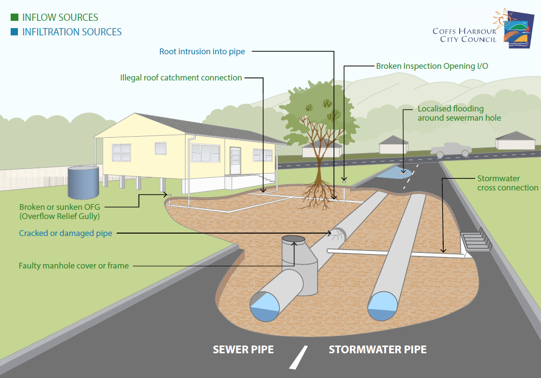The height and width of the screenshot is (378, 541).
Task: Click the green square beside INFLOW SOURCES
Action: (15, 17)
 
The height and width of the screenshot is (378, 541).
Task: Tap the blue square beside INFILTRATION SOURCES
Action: (15, 32)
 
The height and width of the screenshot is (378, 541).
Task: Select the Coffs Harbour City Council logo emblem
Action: (515, 28)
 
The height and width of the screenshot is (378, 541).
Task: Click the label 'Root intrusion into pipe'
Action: (202, 52)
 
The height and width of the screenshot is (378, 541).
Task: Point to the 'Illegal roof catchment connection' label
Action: (181, 78)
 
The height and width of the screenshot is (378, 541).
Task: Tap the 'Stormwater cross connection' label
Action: (507, 183)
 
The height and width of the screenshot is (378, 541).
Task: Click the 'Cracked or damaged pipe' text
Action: (65, 234)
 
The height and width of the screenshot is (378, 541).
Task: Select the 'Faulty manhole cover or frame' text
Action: (74, 266)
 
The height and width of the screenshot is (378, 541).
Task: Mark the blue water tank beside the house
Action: (83, 183)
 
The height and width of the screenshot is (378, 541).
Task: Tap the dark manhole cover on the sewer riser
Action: (293, 239)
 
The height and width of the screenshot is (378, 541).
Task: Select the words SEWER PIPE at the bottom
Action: (243, 349)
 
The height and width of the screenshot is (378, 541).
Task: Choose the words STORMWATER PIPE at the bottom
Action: (377, 349)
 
